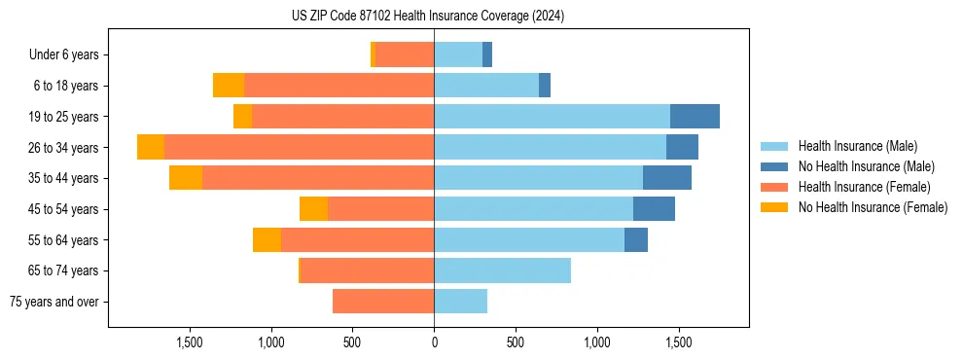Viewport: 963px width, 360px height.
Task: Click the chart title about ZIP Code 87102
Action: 427,17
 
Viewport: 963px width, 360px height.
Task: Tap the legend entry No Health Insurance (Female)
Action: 873,207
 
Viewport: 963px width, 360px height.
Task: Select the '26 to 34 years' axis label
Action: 65,148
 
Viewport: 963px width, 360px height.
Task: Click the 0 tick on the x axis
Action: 434,342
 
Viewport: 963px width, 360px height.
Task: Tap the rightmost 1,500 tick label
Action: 679,342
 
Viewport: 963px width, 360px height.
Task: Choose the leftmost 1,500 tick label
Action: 189,342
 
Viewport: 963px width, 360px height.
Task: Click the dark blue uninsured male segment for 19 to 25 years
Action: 695,117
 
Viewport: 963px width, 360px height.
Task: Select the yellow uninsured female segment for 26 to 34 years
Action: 151,147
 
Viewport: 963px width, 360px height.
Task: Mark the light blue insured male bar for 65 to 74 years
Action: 502,270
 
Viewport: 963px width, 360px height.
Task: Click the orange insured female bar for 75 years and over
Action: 383,302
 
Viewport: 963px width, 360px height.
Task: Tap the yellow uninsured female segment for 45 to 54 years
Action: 313,209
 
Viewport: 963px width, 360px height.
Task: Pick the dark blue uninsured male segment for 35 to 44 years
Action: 667,178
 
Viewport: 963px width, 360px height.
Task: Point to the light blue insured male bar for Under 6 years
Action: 458,55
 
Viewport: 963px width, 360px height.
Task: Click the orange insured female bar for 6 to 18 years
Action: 339,86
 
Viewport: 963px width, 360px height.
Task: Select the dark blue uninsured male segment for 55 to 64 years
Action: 636,239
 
